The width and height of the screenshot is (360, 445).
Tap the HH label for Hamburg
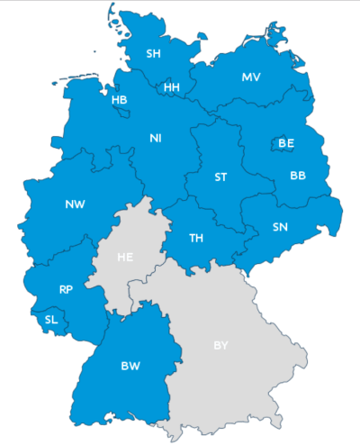tap(171, 87)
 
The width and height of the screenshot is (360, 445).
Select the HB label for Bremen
tap(120, 99)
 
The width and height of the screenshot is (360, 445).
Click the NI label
tap(156, 138)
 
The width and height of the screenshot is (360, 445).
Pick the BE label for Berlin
tap(286, 143)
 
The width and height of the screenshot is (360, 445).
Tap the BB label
tap(298, 176)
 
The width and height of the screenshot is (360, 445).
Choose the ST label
tap(220, 177)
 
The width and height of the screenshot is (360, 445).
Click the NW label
tap(75, 204)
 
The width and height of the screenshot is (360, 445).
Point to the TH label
tap(196, 238)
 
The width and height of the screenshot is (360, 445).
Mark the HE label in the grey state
tap(125, 257)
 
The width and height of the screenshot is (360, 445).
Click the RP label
tap(66, 289)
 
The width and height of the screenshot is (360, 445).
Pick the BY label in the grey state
tap(220, 345)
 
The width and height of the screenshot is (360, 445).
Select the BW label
tap(130, 366)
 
